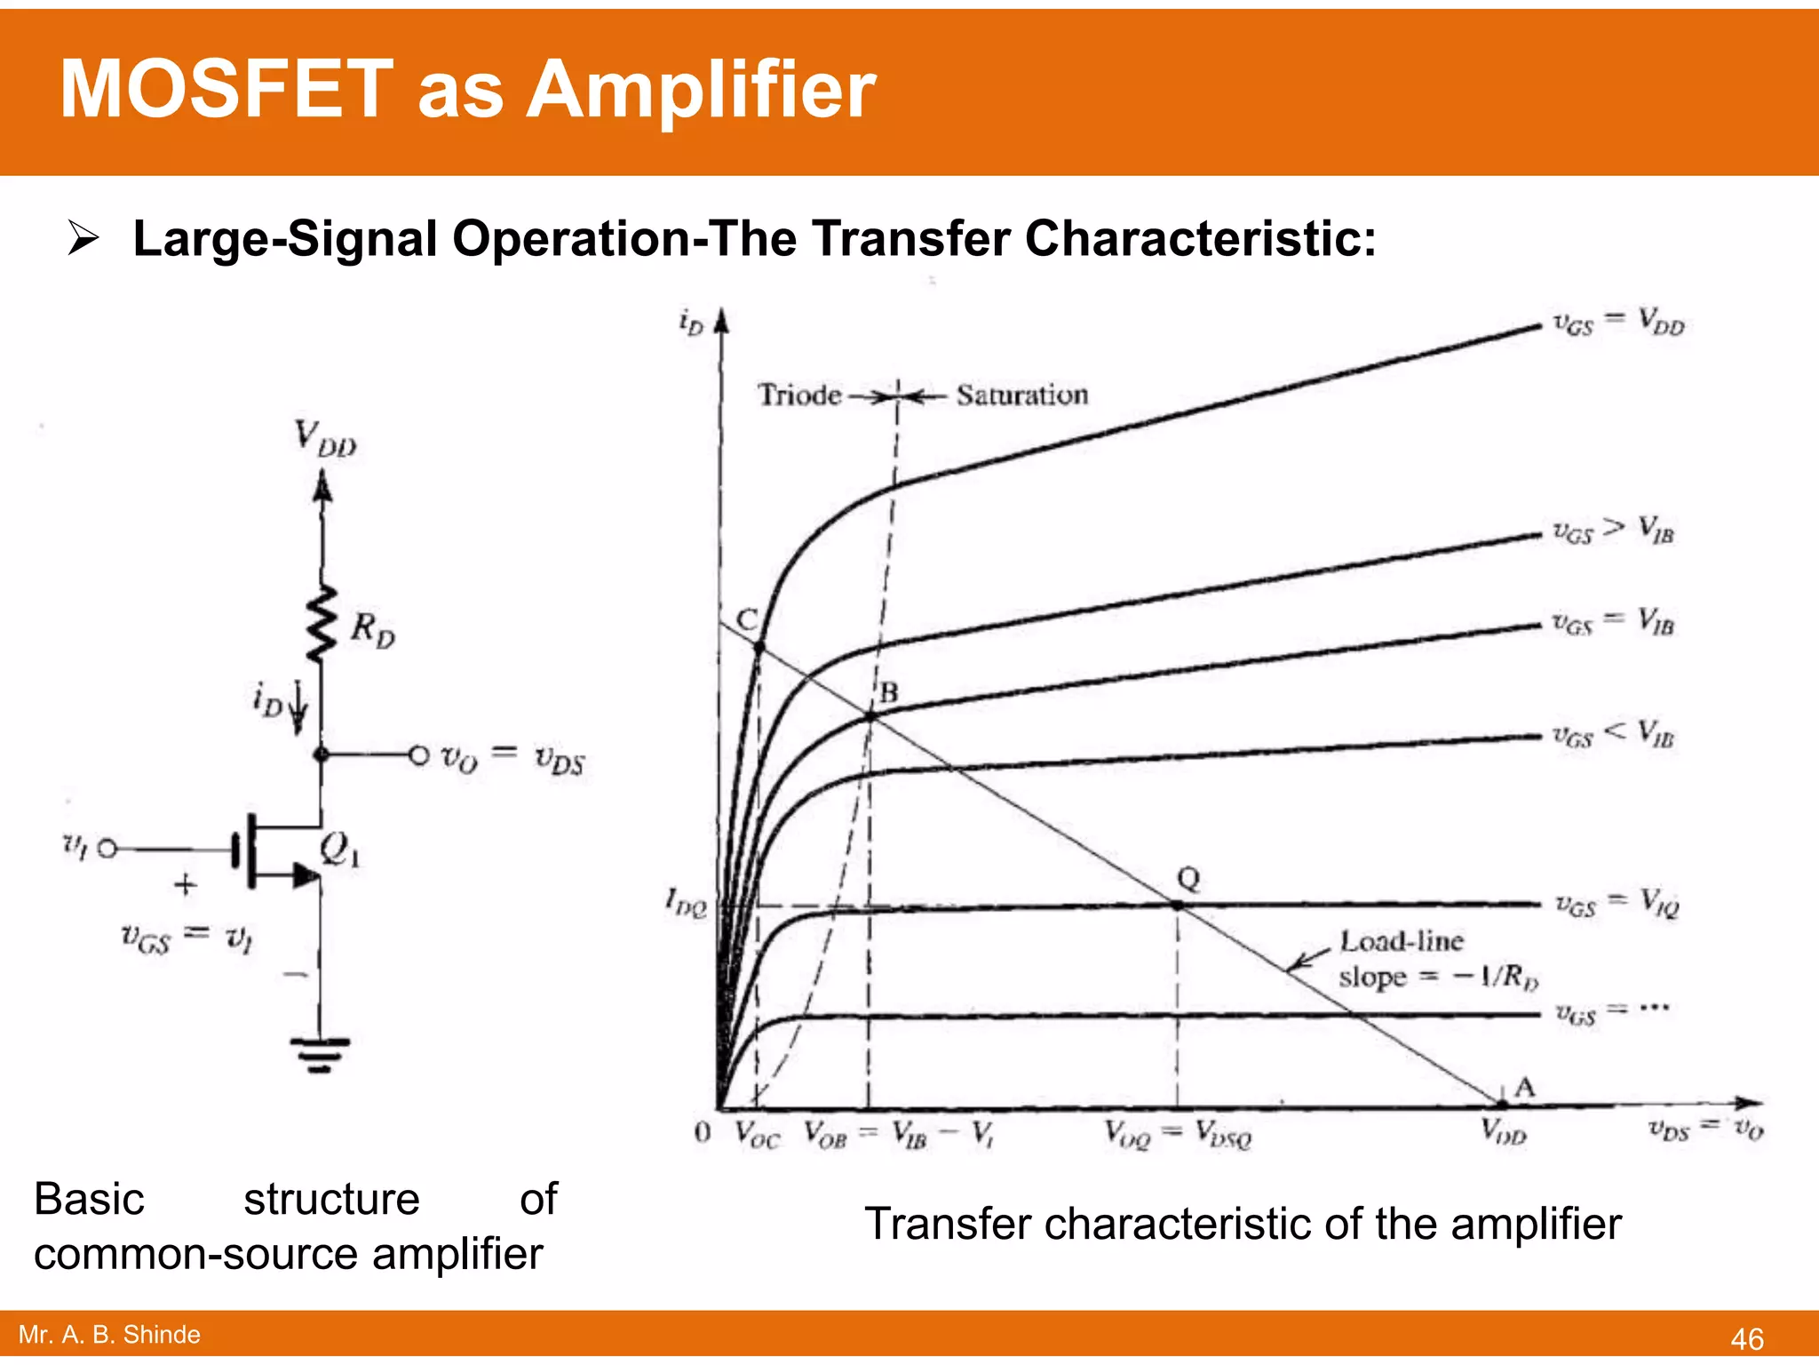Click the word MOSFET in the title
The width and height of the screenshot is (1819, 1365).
(x=226, y=90)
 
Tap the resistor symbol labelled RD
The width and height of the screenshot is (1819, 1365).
(x=322, y=624)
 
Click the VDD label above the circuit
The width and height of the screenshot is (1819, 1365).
(x=325, y=439)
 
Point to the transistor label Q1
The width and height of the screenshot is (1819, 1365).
(x=339, y=850)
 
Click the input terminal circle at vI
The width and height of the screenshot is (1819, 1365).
(x=107, y=849)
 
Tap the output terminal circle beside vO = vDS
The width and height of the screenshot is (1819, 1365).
(x=419, y=754)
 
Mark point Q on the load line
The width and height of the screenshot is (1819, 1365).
(x=1177, y=905)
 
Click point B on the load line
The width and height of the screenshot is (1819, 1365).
(x=870, y=715)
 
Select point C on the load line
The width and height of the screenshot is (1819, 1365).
(x=759, y=647)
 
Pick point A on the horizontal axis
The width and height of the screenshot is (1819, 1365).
(x=1502, y=1105)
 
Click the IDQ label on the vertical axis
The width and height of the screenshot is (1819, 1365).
(x=686, y=904)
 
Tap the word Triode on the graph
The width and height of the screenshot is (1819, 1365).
(x=799, y=395)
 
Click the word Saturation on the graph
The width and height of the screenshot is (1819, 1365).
(x=1021, y=395)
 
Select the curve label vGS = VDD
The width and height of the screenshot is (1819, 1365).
(x=1617, y=323)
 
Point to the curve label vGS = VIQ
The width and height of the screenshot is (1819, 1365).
(x=1616, y=904)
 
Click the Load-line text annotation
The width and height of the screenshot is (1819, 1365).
(x=1402, y=941)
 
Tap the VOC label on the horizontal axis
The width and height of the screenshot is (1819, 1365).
(x=757, y=1135)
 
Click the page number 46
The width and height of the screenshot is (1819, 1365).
(x=1746, y=1338)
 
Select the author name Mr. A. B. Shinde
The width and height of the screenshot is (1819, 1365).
(x=109, y=1335)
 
